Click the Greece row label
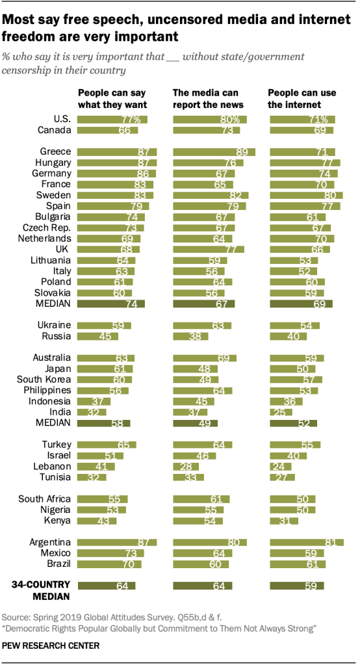pos(55,151)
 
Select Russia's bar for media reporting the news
pos(190,337)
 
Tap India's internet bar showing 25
pos(281,412)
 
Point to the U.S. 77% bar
pos(112,119)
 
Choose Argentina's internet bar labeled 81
pos(307,542)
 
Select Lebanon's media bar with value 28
pos(186,467)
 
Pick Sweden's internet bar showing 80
pos(306,195)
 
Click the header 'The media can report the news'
pos(205,98)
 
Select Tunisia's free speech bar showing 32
pos(92,477)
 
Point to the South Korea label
pos(44,379)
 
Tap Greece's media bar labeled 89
pos(214,152)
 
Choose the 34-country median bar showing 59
pos(297,586)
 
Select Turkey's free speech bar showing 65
pos(107,445)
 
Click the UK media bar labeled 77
pos(209,250)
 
